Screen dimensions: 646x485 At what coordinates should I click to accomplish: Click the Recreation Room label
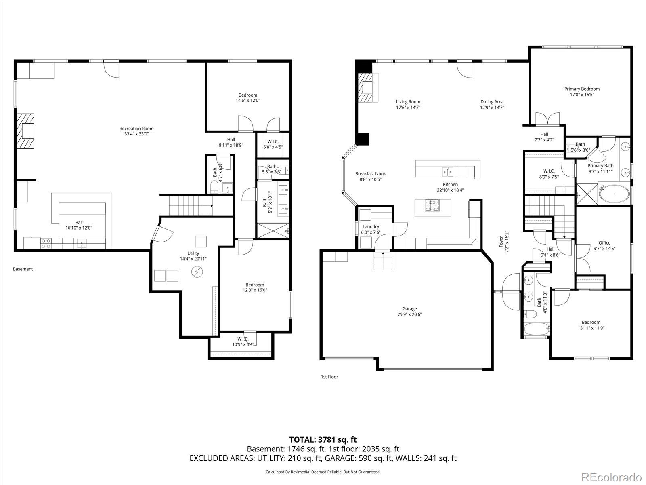136,129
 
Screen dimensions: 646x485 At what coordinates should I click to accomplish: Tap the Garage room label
409,309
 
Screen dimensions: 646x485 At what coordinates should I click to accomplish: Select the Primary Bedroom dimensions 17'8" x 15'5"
582,95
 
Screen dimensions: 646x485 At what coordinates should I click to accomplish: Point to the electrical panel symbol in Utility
197,272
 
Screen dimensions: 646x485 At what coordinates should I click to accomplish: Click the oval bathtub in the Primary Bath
614,194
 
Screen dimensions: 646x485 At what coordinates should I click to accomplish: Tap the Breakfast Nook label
370,174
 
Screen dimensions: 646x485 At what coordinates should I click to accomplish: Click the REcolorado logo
612,477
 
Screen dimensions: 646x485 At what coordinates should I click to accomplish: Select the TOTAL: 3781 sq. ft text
323,440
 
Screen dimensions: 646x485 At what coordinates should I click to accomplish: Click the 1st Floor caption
329,377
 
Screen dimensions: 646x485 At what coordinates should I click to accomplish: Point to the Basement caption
23,269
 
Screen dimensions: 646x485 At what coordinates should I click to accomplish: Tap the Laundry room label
371,226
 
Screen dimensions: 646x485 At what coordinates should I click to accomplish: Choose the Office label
604,243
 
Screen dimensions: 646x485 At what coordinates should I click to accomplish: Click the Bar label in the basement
79,223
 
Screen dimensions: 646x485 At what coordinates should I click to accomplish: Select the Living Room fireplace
367,87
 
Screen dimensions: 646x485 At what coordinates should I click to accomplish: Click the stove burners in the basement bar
46,243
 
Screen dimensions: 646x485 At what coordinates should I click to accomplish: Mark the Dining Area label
492,102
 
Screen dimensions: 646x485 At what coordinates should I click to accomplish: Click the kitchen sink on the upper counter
447,171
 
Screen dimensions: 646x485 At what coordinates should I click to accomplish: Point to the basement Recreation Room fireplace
25,131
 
